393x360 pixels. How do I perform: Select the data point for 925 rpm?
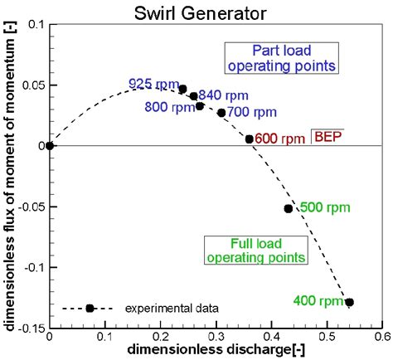point(183,89)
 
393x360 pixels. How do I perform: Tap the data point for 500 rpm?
point(289,208)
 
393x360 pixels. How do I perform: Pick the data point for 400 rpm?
point(349,302)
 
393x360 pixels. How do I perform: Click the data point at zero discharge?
point(50,146)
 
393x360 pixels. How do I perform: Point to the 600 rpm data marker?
point(250,139)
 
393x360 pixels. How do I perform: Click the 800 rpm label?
point(165,108)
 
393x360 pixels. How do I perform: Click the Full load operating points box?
point(255,250)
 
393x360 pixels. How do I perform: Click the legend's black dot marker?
point(90,308)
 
